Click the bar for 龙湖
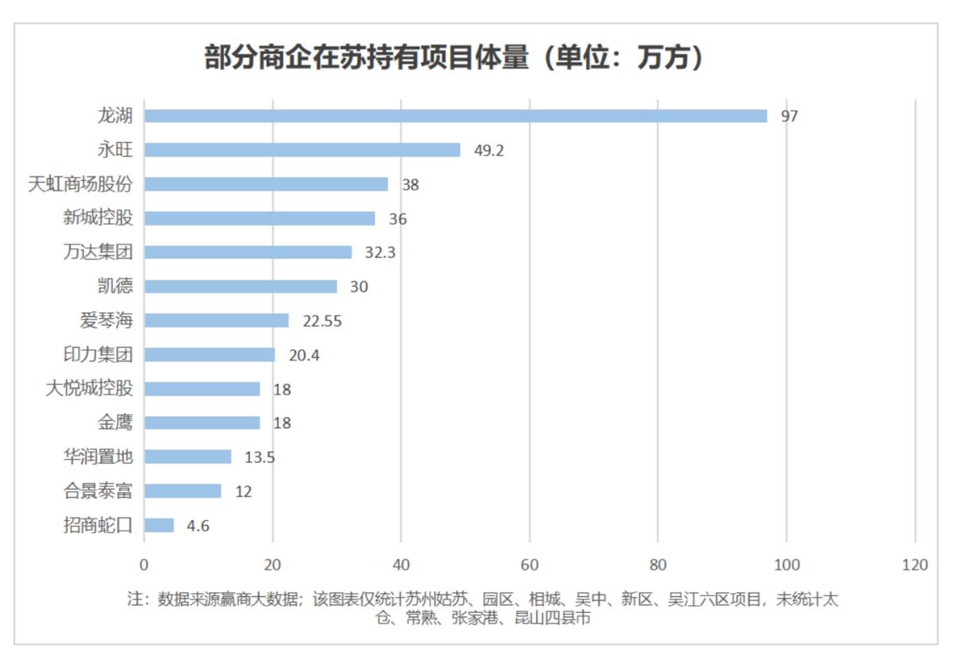pos(456,116)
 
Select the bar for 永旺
pos(302,150)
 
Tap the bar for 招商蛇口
pos(159,526)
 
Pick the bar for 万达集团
pos(248,253)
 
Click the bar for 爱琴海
pos(216,321)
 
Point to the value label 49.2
pos(488,150)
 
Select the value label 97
pos(789,116)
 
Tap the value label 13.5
pos(260,457)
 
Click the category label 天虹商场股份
pos(80,184)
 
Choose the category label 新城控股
pos(98,218)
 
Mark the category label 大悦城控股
pos(89,389)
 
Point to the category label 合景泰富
pos(98,492)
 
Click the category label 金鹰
pos(115,423)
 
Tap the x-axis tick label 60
pos(530,565)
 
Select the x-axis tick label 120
pos(915,565)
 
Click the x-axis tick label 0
pos(144,565)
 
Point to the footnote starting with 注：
pos(483,607)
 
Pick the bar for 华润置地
pos(187,457)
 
